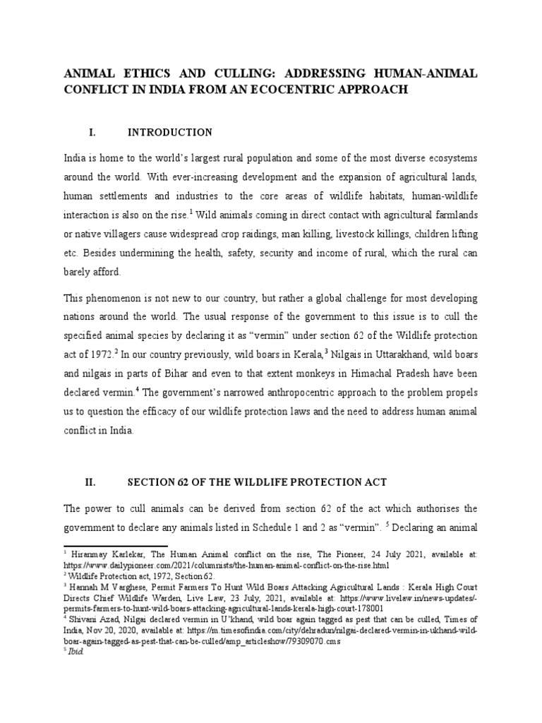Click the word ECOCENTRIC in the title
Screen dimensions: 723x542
(x=330, y=90)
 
